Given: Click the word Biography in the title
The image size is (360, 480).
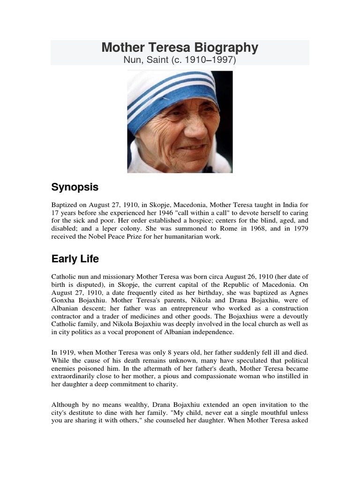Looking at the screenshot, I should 225,47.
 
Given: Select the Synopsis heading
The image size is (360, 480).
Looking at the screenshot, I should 75,187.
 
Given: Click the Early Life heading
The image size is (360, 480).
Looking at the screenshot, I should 75,259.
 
